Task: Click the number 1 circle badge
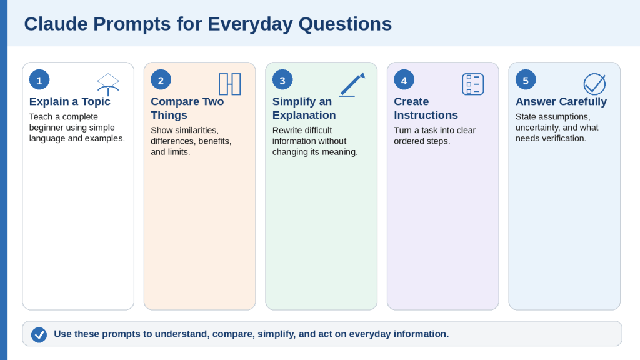click(39, 79)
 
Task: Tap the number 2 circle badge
click(161, 79)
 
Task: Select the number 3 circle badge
click(282, 79)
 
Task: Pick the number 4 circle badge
click(404, 79)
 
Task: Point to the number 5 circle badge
click(526, 79)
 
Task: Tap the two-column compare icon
click(230, 84)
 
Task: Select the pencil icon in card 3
click(352, 84)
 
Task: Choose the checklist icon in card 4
click(473, 84)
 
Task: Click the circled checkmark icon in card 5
click(595, 84)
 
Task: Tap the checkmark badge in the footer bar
click(39, 335)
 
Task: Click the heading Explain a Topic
click(70, 101)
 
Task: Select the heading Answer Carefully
click(561, 101)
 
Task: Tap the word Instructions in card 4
click(426, 115)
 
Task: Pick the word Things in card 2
click(169, 116)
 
